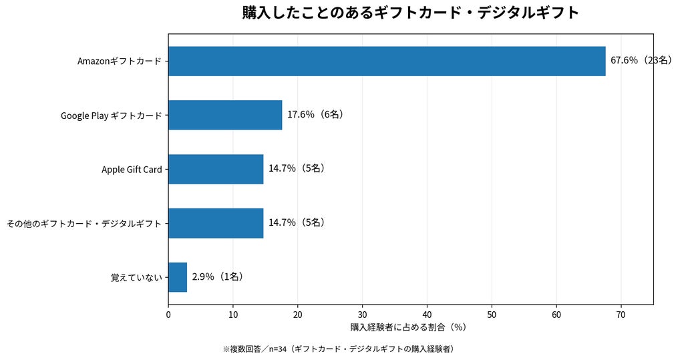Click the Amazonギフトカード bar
[x=387, y=61]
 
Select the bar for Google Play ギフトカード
[x=225, y=115]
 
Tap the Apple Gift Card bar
[x=216, y=169]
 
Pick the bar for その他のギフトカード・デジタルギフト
[x=216, y=224]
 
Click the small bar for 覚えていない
[x=178, y=277]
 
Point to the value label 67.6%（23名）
[x=641, y=60]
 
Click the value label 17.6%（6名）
[x=315, y=114]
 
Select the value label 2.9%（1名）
[x=217, y=277]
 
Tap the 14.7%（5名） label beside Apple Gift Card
[x=297, y=168]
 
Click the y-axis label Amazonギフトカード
[x=120, y=61]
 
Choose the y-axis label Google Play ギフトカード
[x=112, y=116]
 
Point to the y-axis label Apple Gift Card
[x=132, y=169]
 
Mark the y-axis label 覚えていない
[x=136, y=278]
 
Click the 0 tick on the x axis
[x=168, y=315]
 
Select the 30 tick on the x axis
[x=363, y=315]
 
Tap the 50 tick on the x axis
[x=492, y=315]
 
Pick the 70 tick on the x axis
[x=621, y=315]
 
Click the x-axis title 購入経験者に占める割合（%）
[x=408, y=327]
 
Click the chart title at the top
[x=411, y=12]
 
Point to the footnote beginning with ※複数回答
[x=339, y=349]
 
